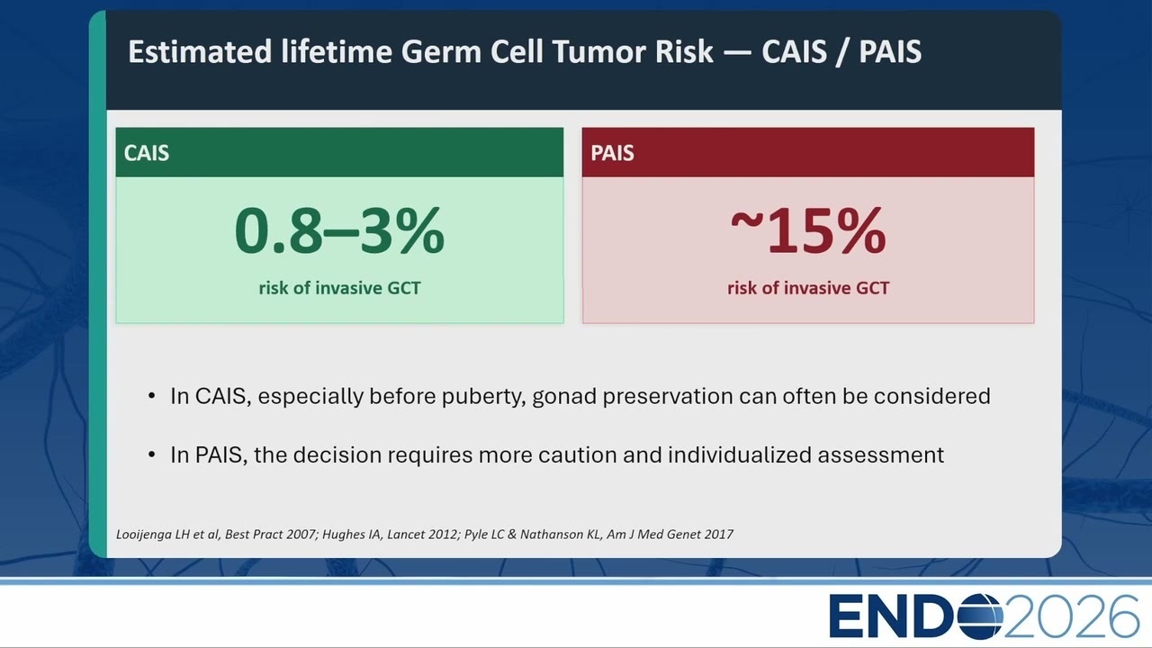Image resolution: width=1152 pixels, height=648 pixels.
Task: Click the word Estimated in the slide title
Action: pyautogui.click(x=200, y=51)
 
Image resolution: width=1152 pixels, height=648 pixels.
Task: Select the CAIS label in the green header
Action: pyautogui.click(x=147, y=153)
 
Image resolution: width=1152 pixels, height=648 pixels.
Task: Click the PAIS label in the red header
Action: pyautogui.click(x=612, y=153)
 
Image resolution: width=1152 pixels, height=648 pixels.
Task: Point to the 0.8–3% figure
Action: pyautogui.click(x=339, y=230)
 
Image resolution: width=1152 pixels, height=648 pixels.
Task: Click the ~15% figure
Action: pyautogui.click(x=808, y=230)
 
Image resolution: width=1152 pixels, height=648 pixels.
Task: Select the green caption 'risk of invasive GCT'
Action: pyautogui.click(x=339, y=288)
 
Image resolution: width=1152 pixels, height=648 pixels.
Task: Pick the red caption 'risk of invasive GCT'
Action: pyautogui.click(x=808, y=288)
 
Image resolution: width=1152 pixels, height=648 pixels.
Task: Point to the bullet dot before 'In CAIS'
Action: pyautogui.click(x=151, y=396)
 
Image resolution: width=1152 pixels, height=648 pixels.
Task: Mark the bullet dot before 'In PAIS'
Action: pyautogui.click(x=151, y=454)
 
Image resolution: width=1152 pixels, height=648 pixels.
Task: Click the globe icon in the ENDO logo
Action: pyautogui.click(x=980, y=616)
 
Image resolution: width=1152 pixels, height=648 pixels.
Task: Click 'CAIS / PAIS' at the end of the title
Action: pyautogui.click(x=841, y=51)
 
